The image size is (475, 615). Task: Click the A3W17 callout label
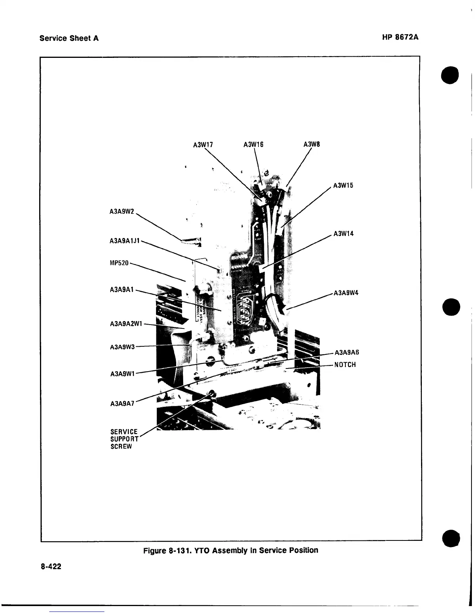click(x=203, y=145)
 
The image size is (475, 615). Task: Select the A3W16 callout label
click(x=253, y=145)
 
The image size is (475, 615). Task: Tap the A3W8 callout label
click(x=312, y=145)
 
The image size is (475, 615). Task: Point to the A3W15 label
click(x=343, y=185)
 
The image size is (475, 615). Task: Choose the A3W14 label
click(x=343, y=234)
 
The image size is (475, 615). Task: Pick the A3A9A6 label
click(x=347, y=353)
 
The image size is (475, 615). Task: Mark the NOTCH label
click(x=345, y=365)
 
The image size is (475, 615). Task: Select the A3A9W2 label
click(x=122, y=212)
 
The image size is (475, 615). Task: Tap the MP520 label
click(x=119, y=264)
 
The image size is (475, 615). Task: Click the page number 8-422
click(x=51, y=566)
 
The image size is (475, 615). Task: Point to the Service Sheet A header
click(x=69, y=38)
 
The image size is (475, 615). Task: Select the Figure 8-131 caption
click(x=231, y=550)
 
